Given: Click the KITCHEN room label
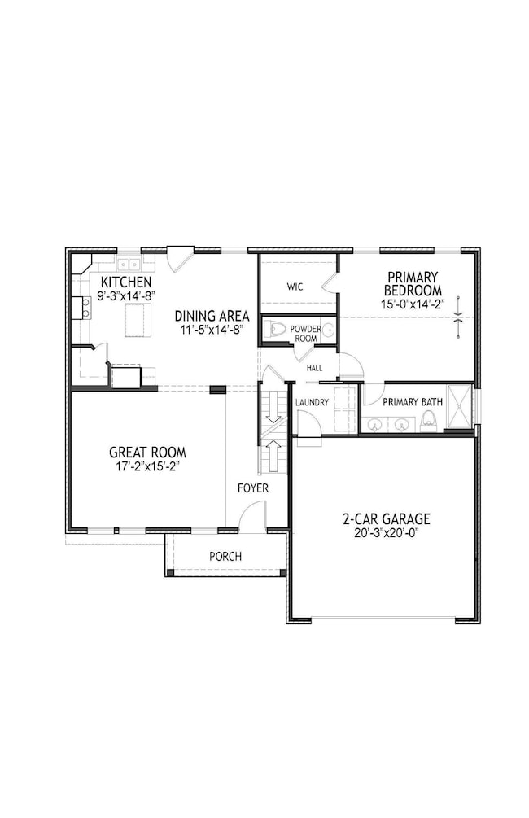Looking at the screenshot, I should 125,282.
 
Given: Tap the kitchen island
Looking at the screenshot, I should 138,318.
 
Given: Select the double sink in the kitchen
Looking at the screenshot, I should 128,264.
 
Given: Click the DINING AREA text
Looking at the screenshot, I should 212,316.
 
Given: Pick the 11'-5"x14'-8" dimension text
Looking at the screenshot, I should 212,330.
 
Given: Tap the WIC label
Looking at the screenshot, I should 295,287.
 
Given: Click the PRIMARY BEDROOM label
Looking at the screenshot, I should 413,284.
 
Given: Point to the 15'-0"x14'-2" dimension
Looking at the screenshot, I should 413,304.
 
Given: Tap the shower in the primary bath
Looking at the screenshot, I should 458,405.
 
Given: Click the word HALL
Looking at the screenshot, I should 314,368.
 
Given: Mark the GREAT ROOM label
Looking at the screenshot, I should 147,453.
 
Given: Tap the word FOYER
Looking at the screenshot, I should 252,488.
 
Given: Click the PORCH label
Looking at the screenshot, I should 225,556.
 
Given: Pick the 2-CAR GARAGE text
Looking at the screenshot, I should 387,518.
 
